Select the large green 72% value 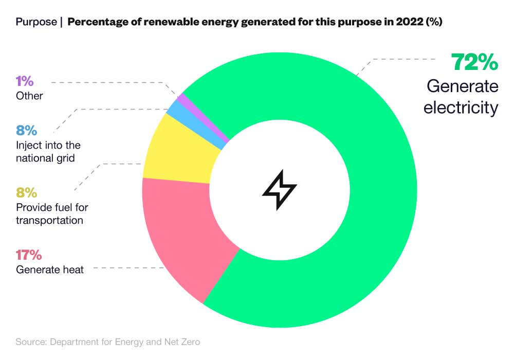point(474,63)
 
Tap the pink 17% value point(29,255)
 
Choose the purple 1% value point(25,81)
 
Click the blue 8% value point(26,131)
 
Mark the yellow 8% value point(26,193)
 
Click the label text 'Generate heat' point(50,269)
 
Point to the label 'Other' point(29,96)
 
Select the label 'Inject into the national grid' point(48,152)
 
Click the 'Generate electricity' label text point(462,97)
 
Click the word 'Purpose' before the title point(36,22)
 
